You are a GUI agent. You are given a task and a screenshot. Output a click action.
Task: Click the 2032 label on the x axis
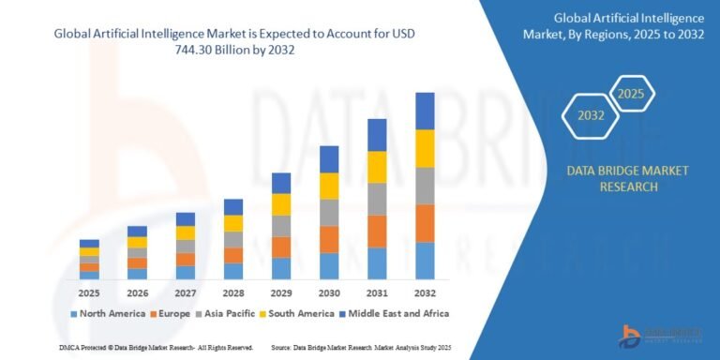point(425,292)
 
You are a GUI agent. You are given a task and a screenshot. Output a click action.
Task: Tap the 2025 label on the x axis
point(89,292)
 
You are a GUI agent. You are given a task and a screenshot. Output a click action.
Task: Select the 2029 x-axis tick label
point(280,292)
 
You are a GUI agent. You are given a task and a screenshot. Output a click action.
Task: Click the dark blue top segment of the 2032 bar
point(425,111)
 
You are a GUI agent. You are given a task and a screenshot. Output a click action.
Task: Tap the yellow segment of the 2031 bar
point(377,167)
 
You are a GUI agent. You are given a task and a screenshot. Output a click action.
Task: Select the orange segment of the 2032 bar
point(425,223)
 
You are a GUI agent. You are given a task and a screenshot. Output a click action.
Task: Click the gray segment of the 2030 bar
point(329,212)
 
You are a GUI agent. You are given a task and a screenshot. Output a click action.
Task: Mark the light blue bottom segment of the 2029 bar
point(280,268)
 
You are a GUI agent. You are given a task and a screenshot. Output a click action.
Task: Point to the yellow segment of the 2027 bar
point(186,232)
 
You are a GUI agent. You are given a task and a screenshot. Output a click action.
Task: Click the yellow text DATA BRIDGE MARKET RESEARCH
point(614,178)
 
